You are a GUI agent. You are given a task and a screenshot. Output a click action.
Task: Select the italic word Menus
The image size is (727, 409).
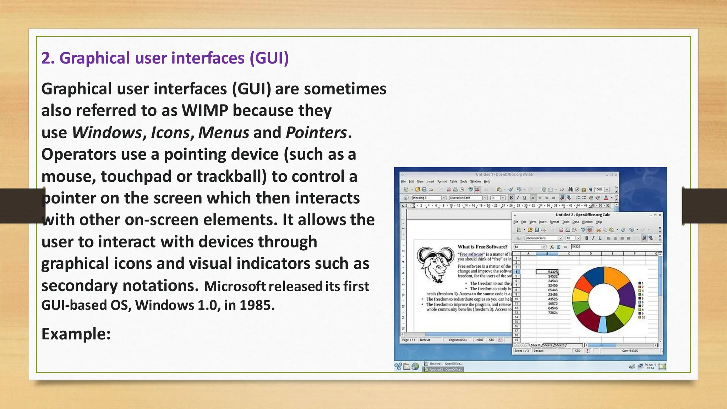(x=224, y=132)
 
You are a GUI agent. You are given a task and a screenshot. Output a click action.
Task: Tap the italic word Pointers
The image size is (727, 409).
(x=316, y=132)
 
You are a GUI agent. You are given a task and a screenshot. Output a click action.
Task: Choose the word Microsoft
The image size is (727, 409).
(x=235, y=286)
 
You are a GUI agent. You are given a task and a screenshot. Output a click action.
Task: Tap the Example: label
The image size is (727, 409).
(x=76, y=334)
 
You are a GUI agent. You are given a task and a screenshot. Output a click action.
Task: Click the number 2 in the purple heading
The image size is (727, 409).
(x=46, y=58)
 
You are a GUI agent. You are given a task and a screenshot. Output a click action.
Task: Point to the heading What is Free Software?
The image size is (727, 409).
(x=482, y=247)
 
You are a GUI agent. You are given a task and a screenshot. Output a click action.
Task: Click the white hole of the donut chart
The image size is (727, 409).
(x=603, y=299)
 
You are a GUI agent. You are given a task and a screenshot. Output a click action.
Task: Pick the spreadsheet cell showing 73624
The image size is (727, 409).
(x=553, y=313)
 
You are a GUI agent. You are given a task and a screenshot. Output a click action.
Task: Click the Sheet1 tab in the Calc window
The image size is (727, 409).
(x=535, y=345)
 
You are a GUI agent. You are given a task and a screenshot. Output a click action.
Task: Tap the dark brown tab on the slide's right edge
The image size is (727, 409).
(x=704, y=206)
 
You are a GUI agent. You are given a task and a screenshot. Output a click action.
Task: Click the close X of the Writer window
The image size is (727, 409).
(x=616, y=175)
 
